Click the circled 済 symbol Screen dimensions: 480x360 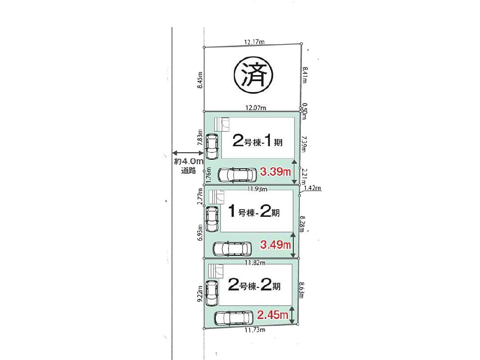pos(253,76)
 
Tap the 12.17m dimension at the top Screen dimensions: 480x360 pos(254,42)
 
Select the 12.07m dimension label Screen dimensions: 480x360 pos(256,108)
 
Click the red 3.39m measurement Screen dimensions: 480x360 pos(275,172)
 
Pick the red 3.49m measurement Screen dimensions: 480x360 pos(275,244)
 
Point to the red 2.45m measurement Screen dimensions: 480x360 pos(273,315)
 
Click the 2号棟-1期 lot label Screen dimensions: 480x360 pos(258,141)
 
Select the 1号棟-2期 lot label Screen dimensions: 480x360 pos(254,211)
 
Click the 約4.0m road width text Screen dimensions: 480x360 pos(189,162)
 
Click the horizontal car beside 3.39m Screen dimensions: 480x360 pos(237,175)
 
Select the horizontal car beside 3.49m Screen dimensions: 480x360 pos(232,249)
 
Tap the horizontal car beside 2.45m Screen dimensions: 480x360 pos(234,319)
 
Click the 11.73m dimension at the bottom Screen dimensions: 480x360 pos(255,330)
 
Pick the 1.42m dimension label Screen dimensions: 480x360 pos(312,188)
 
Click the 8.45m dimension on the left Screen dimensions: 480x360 pos(200,80)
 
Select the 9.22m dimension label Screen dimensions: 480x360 pos(200,294)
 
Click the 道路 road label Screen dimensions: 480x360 pos(188,171)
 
